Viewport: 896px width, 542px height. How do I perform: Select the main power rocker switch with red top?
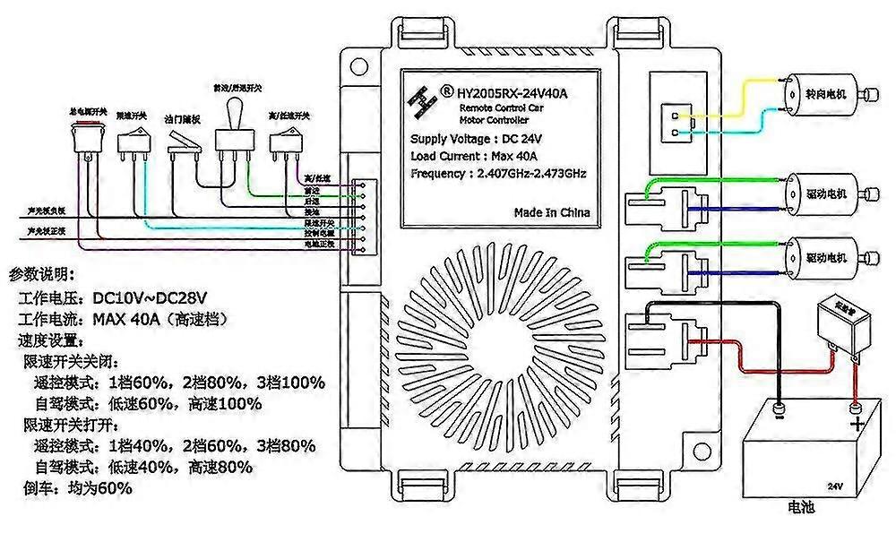click(x=87, y=138)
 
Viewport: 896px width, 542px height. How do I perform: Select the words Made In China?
click(x=552, y=212)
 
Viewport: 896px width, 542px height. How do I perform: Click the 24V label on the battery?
click(x=835, y=486)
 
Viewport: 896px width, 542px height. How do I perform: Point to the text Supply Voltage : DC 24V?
click(x=476, y=139)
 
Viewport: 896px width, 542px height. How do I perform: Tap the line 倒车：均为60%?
click(x=76, y=488)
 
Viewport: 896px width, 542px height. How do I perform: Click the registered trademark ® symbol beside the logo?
click(x=445, y=90)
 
